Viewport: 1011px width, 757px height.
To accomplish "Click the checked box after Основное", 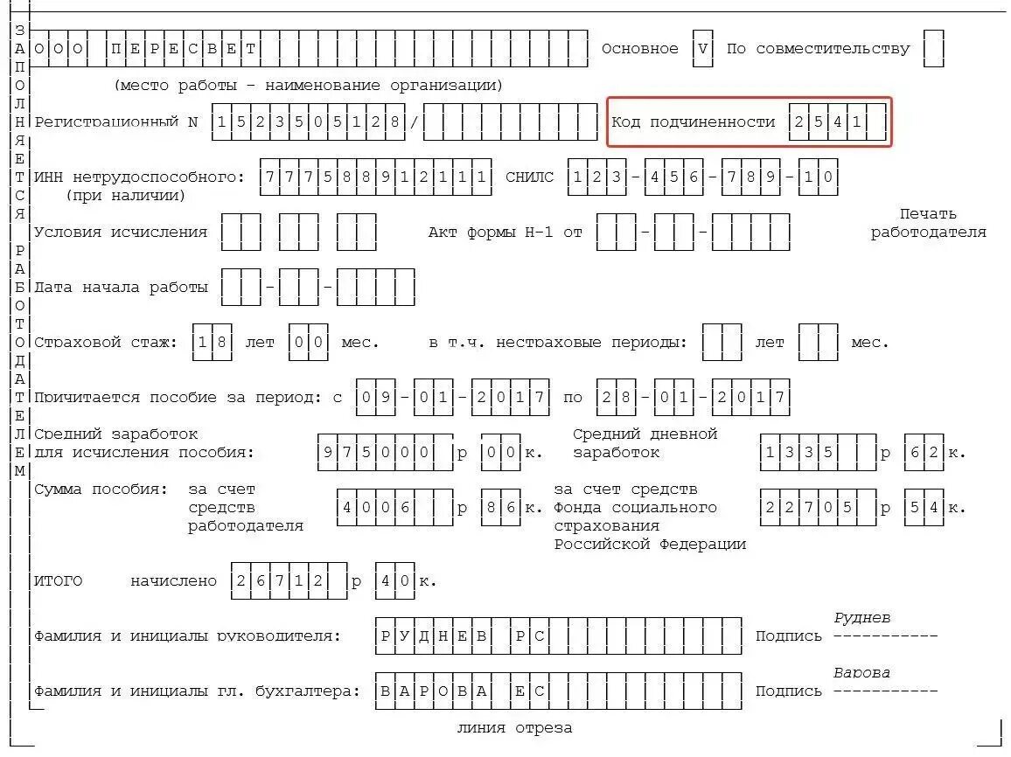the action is (x=703, y=49).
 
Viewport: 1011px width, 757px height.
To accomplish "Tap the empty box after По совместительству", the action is (x=933, y=49).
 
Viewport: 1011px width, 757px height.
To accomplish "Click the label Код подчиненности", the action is (x=693, y=122).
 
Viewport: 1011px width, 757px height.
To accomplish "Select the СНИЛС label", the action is (x=529, y=177).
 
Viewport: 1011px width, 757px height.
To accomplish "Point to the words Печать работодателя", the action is (x=928, y=223).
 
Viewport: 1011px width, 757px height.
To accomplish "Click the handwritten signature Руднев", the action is (x=861, y=618).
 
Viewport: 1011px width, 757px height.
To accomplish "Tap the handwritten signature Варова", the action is (x=861, y=672).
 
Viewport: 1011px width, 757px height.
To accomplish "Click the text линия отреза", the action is (x=514, y=728).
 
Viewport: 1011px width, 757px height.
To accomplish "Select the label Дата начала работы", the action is (x=121, y=288).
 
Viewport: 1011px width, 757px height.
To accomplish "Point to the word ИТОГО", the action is (x=58, y=581).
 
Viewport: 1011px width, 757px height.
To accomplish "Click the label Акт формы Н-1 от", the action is (x=505, y=233).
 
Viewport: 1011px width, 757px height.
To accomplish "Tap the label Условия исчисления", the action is (x=121, y=233).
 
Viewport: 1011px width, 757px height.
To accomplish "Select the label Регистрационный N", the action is (x=116, y=122).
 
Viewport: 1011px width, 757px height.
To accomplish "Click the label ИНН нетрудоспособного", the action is (x=140, y=177).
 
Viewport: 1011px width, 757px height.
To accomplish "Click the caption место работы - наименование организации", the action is (x=308, y=86).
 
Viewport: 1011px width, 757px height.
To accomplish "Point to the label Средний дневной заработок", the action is (x=645, y=443).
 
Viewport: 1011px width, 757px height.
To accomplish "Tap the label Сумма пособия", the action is (x=101, y=490).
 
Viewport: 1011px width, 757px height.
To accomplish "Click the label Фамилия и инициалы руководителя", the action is (x=188, y=636).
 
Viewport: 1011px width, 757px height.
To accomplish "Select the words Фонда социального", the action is (x=635, y=508).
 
